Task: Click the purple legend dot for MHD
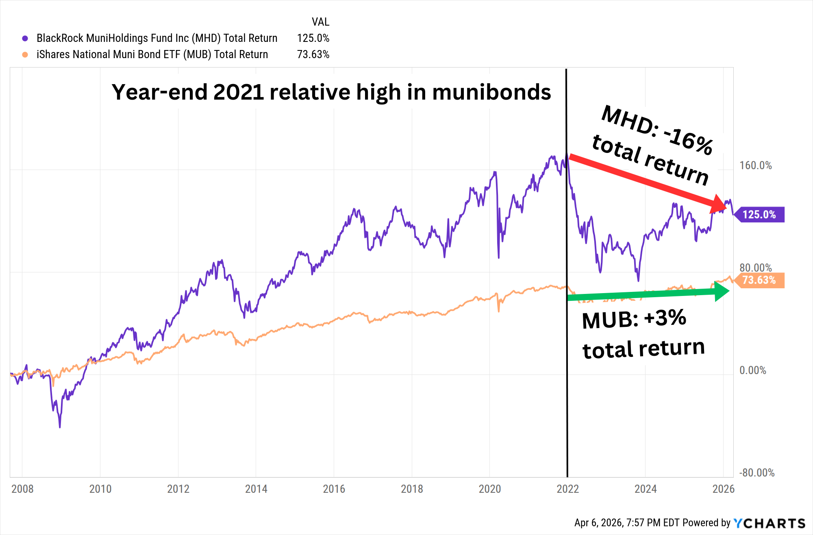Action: (x=25, y=38)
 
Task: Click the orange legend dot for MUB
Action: (x=25, y=54)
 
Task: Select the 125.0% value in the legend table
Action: (x=313, y=38)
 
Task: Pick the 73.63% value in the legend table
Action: (x=313, y=54)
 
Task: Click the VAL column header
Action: (x=320, y=22)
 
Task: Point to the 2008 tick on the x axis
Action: (x=22, y=489)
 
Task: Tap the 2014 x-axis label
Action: (x=256, y=489)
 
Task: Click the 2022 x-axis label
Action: (x=567, y=489)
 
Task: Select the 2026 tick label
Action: (x=724, y=489)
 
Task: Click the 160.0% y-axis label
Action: (x=755, y=165)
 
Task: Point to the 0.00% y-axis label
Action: (x=752, y=370)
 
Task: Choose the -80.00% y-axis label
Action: (x=756, y=473)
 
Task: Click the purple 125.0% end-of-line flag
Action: (x=759, y=215)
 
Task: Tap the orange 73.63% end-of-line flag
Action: (x=759, y=280)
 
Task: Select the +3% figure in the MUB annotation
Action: (x=665, y=318)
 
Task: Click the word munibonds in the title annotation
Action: (x=491, y=92)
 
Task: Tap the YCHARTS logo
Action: (x=770, y=523)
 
